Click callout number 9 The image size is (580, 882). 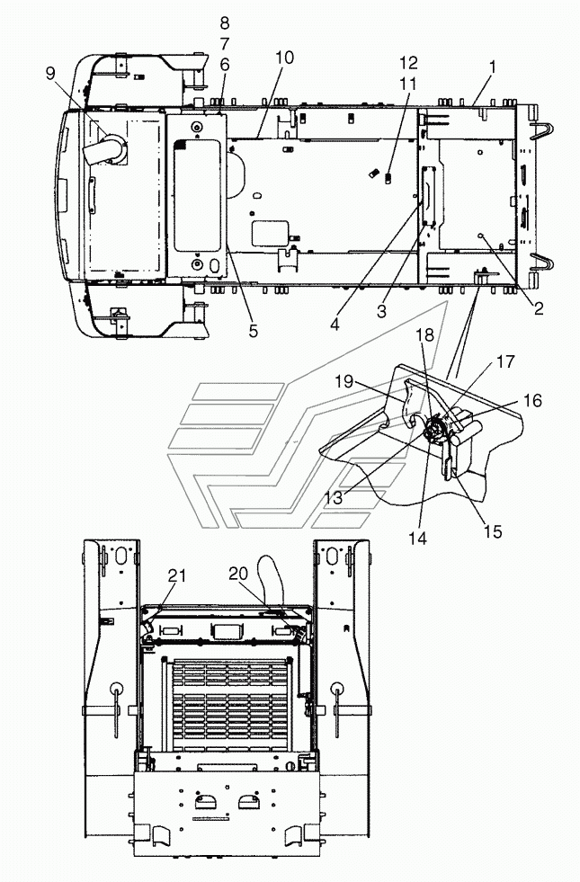point(51,73)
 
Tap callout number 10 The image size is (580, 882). point(285,58)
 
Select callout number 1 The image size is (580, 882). point(493,67)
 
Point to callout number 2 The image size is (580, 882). point(539,307)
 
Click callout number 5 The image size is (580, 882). point(254,331)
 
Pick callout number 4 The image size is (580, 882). point(335,325)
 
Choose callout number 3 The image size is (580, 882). point(382,311)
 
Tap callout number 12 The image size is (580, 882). point(409,62)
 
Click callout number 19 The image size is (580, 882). point(344,381)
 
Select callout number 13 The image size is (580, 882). point(334,498)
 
